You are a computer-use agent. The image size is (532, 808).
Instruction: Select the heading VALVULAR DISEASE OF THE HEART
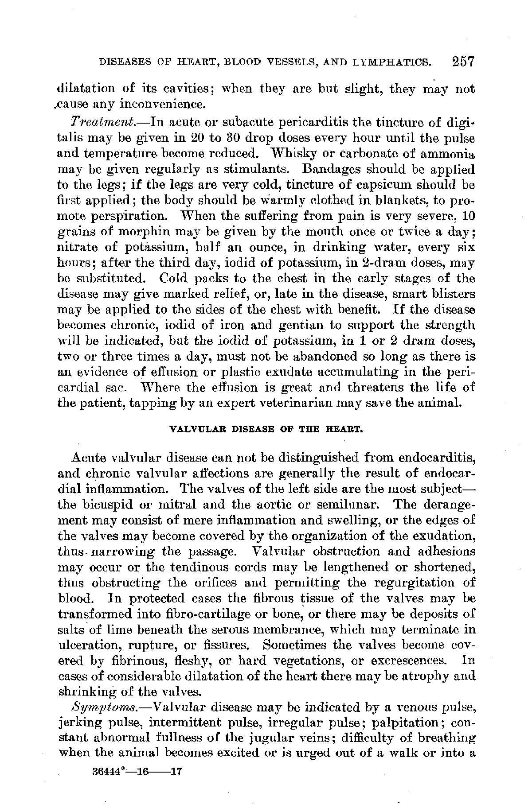[267, 429]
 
